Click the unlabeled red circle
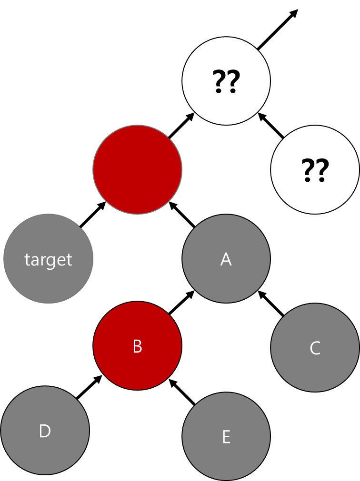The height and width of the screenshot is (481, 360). [137, 169]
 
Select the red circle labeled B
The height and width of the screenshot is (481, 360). [137, 346]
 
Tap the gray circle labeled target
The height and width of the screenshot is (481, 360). [48, 258]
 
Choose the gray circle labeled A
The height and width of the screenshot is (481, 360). [226, 258]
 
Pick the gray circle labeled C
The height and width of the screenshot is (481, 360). [315, 347]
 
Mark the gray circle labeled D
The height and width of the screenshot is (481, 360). [45, 430]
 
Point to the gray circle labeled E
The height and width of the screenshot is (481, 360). [226, 436]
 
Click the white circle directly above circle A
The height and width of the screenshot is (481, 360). [226, 81]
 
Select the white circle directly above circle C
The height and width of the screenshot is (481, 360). [315, 169]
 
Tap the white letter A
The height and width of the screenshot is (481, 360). [226, 259]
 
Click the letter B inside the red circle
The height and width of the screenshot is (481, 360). [137, 347]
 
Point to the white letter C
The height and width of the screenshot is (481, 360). [315, 348]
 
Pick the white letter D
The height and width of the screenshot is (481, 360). [45, 432]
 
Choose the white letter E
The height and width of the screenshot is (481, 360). [226, 437]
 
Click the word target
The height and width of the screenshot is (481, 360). [48, 260]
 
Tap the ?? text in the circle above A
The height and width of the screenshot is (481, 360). [226, 82]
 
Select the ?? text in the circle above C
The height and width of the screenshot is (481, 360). [315, 171]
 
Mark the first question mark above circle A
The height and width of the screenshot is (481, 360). [220, 82]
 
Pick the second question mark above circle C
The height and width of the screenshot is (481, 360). [322, 171]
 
